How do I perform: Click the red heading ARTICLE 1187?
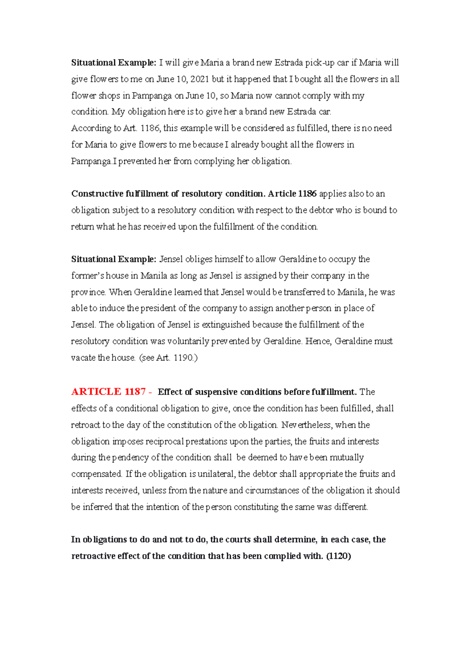[x=108, y=392]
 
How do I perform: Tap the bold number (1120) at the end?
[x=339, y=556]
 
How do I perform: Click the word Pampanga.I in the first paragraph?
[x=93, y=161]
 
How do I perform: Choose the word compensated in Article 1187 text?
[x=97, y=474]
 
